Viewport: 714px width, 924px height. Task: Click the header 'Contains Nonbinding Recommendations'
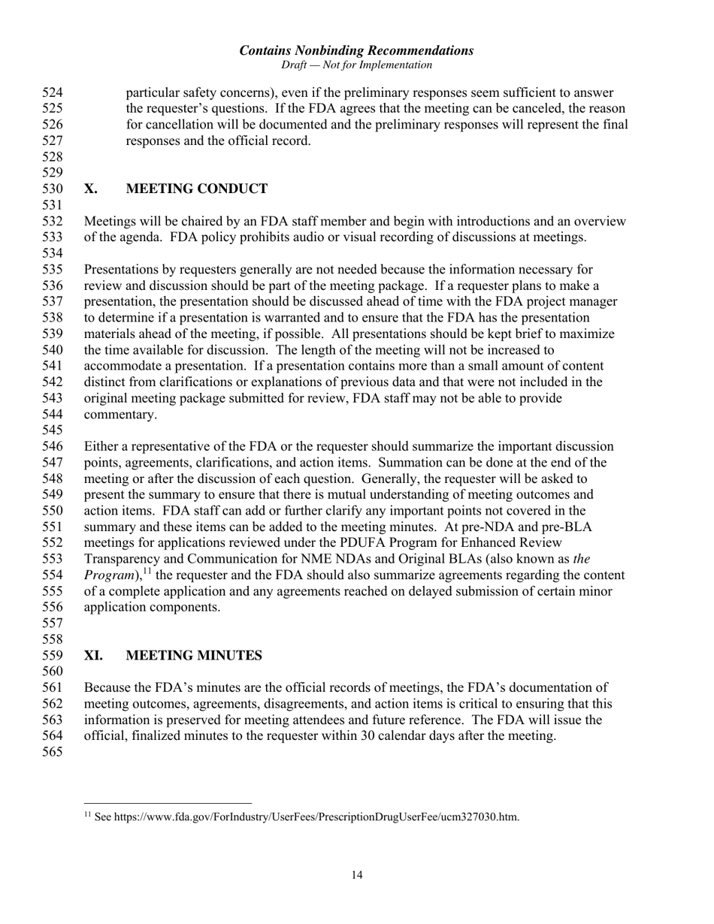(356, 51)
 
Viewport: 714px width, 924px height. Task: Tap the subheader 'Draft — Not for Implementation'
(356, 65)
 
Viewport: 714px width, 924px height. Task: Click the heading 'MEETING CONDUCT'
(196, 189)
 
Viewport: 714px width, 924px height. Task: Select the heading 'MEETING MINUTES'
(194, 656)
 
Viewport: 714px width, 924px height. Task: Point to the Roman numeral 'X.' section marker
(91, 189)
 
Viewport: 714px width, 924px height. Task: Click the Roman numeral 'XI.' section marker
(94, 656)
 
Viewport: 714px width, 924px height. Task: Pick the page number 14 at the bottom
(357, 874)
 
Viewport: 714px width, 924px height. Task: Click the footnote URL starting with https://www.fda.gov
(316, 817)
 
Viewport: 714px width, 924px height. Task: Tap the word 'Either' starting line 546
(101, 446)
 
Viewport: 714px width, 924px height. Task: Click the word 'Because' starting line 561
(108, 687)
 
